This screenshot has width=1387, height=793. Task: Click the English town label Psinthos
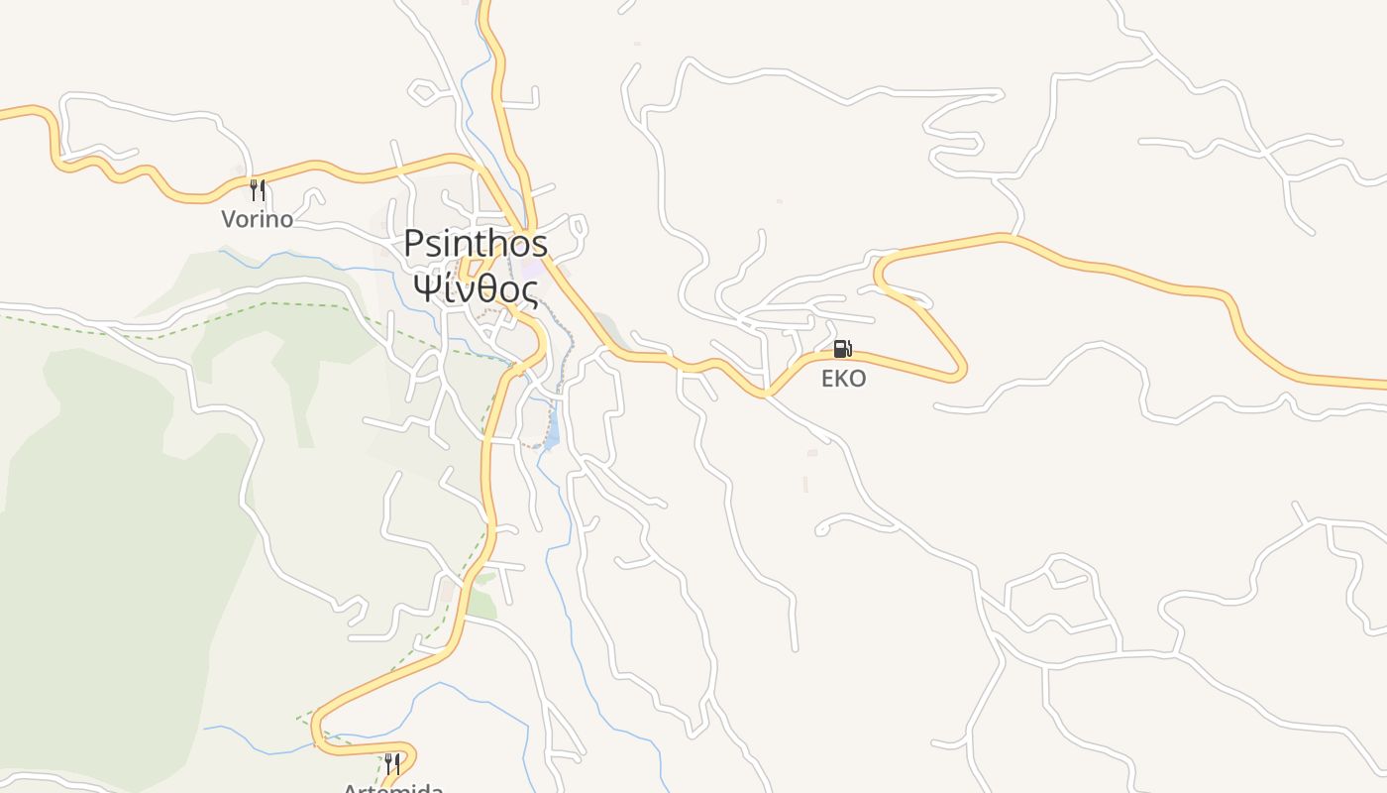coord(476,244)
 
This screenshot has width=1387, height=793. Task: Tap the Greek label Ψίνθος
coord(476,289)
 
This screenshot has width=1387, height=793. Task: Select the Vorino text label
coord(257,219)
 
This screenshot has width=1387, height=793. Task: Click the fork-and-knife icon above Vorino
coord(258,188)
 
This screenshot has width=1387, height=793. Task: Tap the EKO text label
coord(843,379)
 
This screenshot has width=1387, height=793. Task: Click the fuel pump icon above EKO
coord(842,349)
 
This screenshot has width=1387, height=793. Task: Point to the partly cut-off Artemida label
coord(392,787)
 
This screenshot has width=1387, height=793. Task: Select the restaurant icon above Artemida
coord(393,763)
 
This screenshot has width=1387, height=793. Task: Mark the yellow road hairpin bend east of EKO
coord(959,371)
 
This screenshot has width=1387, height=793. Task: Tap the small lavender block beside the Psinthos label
coord(533,269)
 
